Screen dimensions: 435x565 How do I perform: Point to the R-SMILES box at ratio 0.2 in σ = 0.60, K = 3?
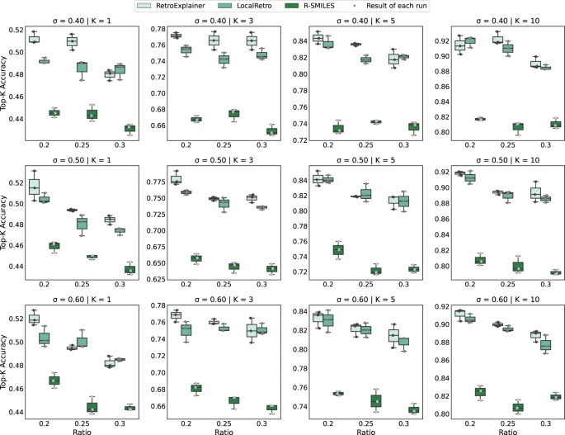point(195,388)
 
